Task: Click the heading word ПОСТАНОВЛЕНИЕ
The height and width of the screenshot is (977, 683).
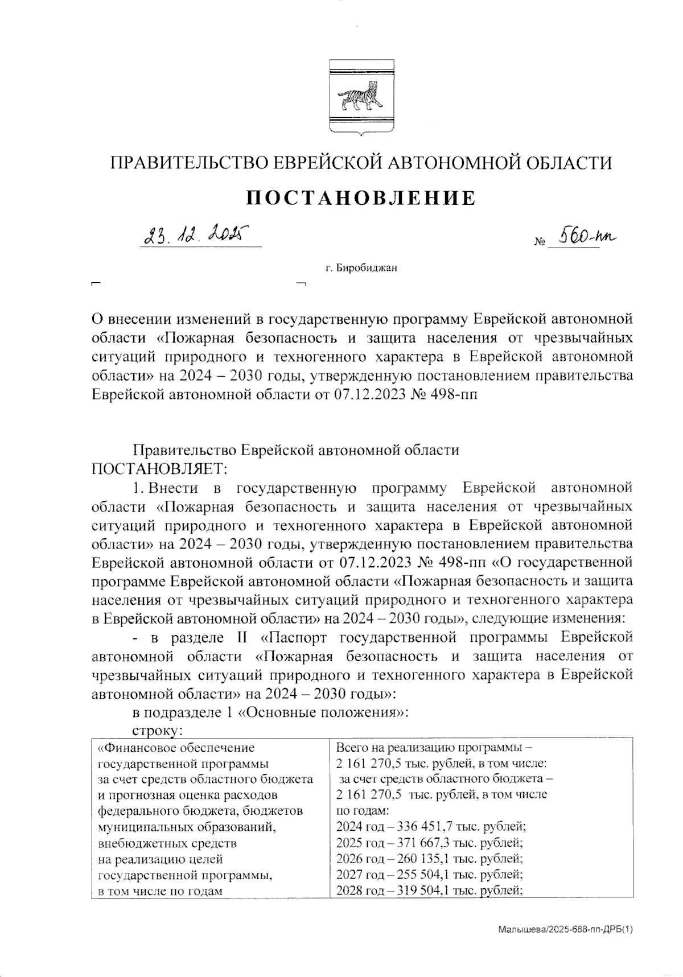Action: [361, 198]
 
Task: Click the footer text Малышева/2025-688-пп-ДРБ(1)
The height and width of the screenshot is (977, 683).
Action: [565, 929]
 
